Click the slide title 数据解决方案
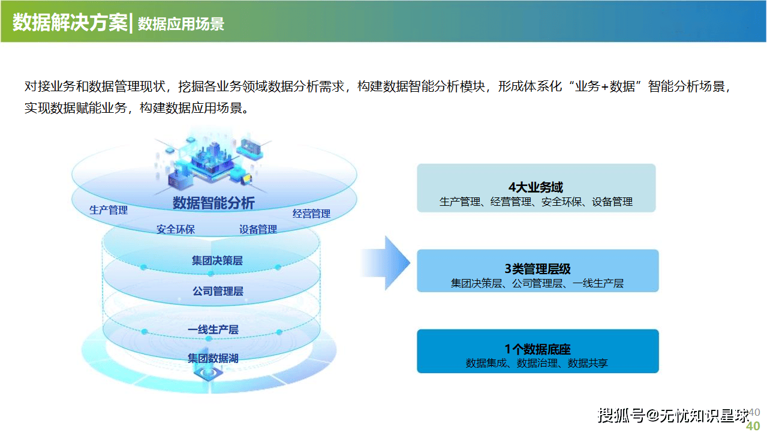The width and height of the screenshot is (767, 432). tap(70, 23)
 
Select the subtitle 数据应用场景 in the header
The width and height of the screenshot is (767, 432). tap(181, 24)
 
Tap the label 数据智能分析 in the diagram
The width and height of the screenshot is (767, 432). tap(213, 203)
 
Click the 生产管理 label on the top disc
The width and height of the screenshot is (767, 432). tap(109, 210)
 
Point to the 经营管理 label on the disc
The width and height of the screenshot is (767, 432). tap(311, 214)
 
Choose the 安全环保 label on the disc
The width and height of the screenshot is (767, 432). tap(176, 229)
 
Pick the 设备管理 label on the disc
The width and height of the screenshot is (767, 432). tap(258, 229)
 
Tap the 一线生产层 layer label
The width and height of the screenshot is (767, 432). tap(213, 329)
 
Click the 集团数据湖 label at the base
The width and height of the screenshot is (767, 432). tap(213, 358)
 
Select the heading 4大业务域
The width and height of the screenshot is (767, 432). tap(536, 188)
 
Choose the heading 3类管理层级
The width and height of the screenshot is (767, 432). tap(537, 269)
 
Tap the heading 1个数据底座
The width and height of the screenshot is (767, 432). tap(537, 349)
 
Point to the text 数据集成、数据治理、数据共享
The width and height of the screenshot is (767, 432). tap(537, 363)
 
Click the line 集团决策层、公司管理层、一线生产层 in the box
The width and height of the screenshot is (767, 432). tap(537, 283)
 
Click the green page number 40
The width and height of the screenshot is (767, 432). tap(753, 425)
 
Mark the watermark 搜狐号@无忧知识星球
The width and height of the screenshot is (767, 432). tap(673, 415)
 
